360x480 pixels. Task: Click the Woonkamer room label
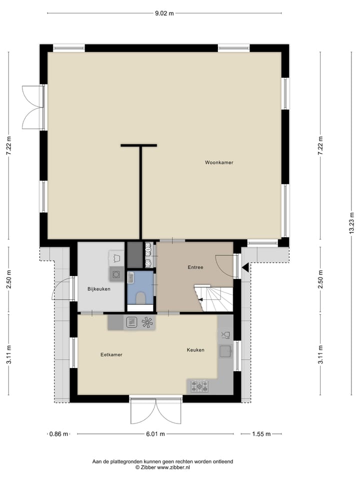(219, 162)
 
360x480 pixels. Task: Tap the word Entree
(195, 267)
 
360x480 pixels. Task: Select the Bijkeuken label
(98, 289)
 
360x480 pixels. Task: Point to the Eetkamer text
(111, 354)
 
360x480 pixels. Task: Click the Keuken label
(195, 350)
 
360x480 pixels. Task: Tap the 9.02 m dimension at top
(164, 13)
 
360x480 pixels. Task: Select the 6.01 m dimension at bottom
(155, 434)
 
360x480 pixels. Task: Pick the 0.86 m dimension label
(58, 434)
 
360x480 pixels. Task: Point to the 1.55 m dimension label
(260, 434)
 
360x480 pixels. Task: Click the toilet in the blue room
(140, 298)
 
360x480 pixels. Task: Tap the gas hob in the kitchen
(200, 385)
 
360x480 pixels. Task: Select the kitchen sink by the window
(224, 351)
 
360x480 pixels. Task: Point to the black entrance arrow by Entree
(245, 268)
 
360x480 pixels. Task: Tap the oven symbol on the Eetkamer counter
(131, 322)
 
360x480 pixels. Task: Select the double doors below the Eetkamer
(155, 411)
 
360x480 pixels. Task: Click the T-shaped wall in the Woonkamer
(139, 190)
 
